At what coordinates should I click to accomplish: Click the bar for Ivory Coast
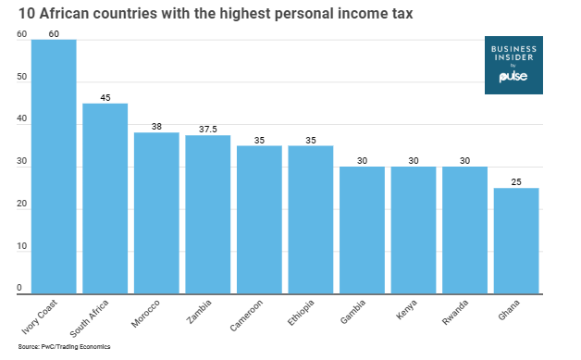[x=54, y=167]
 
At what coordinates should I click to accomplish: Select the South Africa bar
[x=105, y=198]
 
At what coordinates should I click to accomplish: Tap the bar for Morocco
[x=156, y=213]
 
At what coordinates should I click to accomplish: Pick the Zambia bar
[x=208, y=214]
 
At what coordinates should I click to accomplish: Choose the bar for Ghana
[x=516, y=240]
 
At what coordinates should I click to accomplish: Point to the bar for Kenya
[x=414, y=230]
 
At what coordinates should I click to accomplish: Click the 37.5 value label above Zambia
[x=208, y=129]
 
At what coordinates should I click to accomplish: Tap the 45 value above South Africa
[x=105, y=97]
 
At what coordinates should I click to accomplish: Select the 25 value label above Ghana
[x=516, y=181]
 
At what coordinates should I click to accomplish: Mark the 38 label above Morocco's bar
[x=156, y=127]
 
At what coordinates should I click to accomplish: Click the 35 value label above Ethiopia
[x=311, y=140]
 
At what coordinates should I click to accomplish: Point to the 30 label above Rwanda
[x=464, y=160]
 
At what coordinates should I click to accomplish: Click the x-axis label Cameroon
[x=253, y=317]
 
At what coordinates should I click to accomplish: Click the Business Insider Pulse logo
[x=513, y=65]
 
